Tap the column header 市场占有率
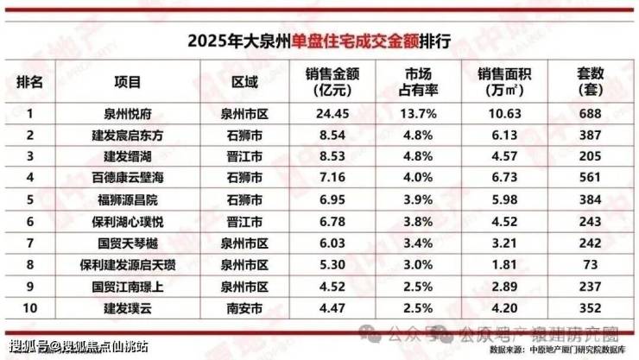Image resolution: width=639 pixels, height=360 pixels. (x=420, y=82)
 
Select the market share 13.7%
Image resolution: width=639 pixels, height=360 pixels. (x=420, y=112)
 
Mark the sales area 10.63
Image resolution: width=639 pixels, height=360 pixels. (x=507, y=112)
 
